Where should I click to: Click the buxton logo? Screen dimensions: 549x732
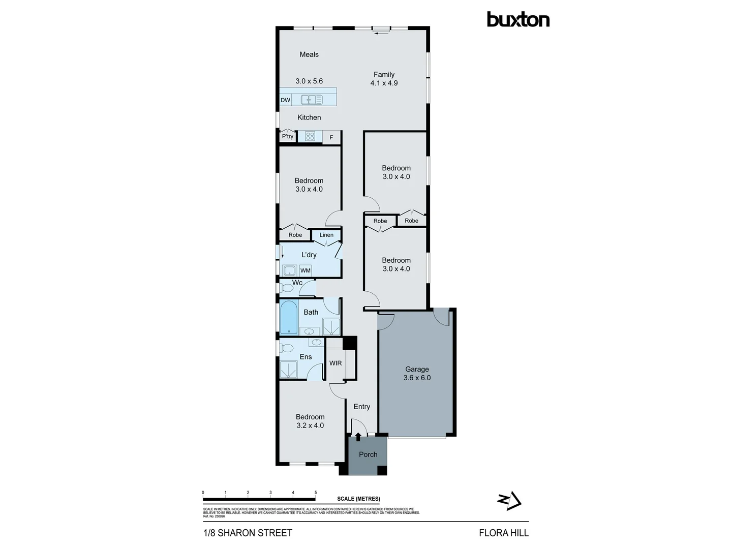518,20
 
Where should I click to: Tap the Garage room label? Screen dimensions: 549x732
417,370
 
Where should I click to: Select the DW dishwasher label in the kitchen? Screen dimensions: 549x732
285,100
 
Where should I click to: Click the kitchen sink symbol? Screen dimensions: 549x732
312,100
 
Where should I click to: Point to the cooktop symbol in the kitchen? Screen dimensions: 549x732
310,136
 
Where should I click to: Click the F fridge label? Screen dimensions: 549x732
331,137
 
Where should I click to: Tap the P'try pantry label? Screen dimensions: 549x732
287,136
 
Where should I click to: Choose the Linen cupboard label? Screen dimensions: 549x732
326,235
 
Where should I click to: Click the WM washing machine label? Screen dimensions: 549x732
305,270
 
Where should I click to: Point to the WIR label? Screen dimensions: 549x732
335,363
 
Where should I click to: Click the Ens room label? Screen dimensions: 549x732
306,357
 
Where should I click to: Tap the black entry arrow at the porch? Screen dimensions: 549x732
358,436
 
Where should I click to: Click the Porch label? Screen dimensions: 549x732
368,454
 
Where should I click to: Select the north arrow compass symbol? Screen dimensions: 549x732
509,501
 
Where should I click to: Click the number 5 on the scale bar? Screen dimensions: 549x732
316,493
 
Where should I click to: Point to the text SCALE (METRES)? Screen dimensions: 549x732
358,499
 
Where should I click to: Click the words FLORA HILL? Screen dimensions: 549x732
504,533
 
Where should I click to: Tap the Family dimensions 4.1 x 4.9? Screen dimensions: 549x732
384,83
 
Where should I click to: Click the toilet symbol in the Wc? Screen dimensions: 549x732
287,288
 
